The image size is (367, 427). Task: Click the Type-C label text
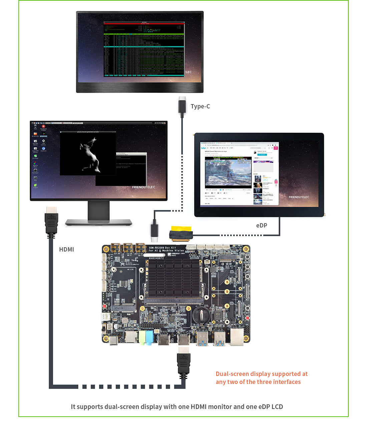200,106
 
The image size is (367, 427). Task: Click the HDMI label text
66,250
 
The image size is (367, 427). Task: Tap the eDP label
262,226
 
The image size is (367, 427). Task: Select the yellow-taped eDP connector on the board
181,234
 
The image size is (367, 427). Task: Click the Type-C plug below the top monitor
182,105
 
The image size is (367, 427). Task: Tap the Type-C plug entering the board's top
154,230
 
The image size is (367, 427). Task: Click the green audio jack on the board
142,337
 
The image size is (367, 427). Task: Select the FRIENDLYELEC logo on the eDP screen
299,197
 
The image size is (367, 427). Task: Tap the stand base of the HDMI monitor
98,222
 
